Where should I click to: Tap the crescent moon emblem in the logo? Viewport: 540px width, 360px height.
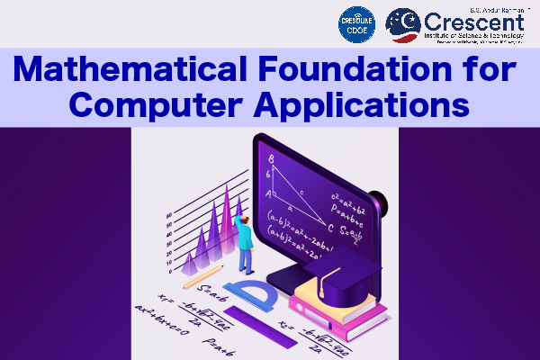click(401, 24)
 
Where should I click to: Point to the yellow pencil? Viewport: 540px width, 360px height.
click(203, 275)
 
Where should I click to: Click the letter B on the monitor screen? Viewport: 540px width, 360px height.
click(272, 159)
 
